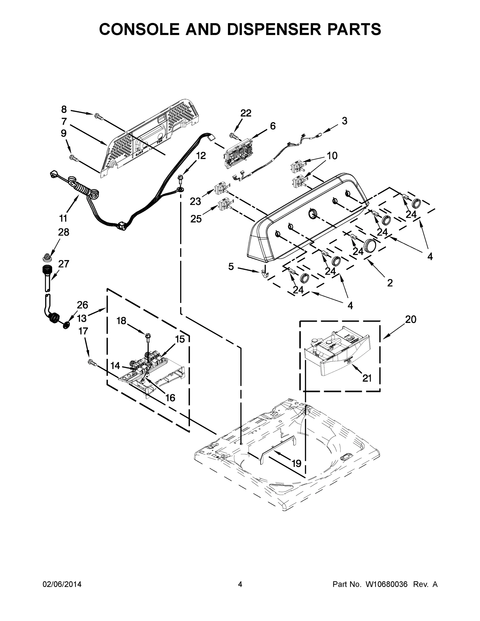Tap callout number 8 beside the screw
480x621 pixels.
click(64, 109)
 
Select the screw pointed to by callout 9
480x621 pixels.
click(74, 157)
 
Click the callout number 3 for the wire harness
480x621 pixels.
click(344, 121)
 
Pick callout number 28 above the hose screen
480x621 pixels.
click(63, 232)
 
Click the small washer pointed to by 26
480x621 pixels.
click(66, 325)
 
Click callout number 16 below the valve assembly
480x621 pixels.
click(170, 397)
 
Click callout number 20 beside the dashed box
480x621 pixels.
click(410, 319)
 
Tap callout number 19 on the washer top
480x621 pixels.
click(296, 463)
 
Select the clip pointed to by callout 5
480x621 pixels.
click(264, 274)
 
